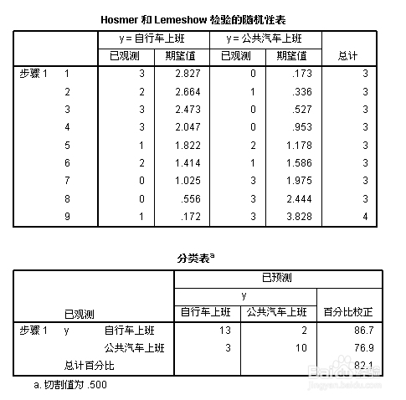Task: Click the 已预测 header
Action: [277, 278]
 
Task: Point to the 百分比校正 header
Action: [350, 312]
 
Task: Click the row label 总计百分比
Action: [89, 366]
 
